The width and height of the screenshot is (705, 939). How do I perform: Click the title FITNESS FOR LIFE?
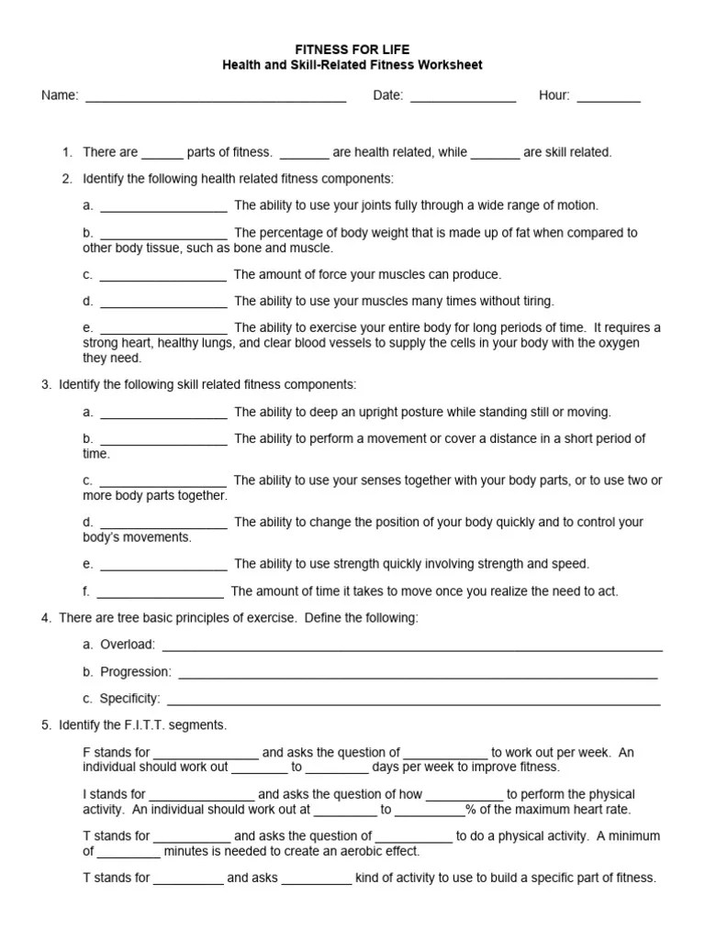click(x=352, y=49)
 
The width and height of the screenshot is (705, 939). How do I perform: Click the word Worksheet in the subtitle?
click(x=449, y=65)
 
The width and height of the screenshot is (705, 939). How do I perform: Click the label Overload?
click(x=128, y=645)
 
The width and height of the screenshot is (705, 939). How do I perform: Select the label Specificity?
click(x=129, y=699)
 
